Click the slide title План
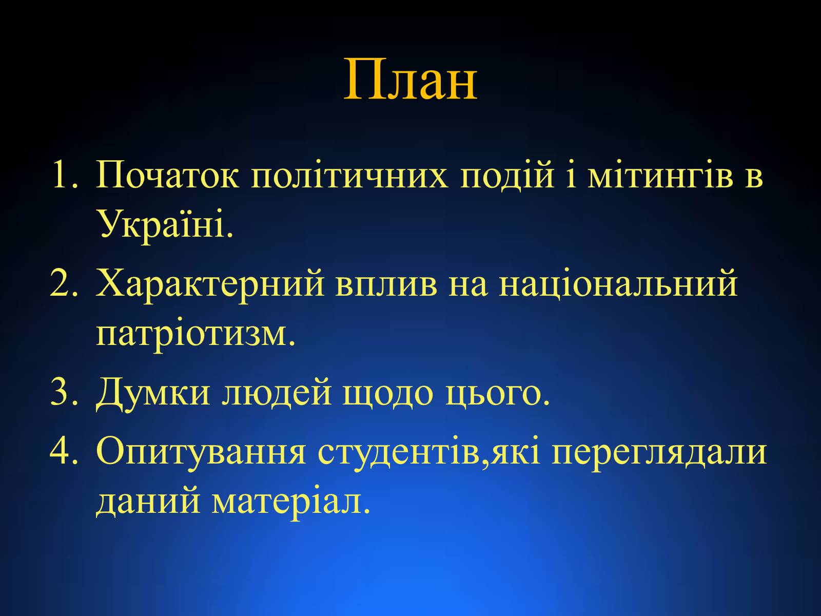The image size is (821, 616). pos(411,79)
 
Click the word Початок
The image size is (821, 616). pos(167,174)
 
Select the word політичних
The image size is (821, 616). pos(349,174)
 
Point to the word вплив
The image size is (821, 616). pos(386,284)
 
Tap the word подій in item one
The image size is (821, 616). pos(507,174)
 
